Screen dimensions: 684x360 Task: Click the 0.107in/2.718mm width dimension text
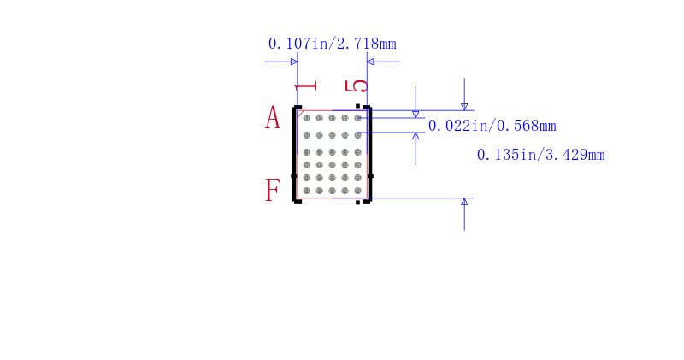(x=333, y=44)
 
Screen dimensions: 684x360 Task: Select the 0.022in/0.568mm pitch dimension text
(x=492, y=126)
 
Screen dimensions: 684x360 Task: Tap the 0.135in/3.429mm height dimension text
(x=541, y=155)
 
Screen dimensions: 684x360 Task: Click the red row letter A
(x=273, y=117)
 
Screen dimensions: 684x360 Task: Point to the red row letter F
(x=273, y=190)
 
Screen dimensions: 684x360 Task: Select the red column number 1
(x=306, y=86)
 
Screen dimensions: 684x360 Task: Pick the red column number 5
(x=357, y=86)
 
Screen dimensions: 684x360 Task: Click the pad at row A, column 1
(x=307, y=118)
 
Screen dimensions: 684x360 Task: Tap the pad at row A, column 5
(x=357, y=118)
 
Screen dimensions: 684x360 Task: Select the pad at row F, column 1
(x=307, y=191)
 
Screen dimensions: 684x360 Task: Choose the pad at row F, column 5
(x=357, y=191)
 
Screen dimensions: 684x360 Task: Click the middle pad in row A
(x=332, y=118)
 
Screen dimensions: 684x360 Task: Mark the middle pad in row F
(x=332, y=191)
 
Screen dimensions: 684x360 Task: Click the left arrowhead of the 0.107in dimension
(x=294, y=62)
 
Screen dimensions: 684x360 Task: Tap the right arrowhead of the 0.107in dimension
(x=370, y=62)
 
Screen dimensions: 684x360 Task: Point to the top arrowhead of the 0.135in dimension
(x=464, y=107)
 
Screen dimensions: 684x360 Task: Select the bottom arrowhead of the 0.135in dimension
(x=464, y=202)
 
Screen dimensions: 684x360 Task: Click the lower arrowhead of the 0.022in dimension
(x=416, y=136)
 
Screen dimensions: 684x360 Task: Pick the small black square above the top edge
(x=357, y=105)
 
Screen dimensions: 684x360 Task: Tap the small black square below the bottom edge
(x=357, y=203)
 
